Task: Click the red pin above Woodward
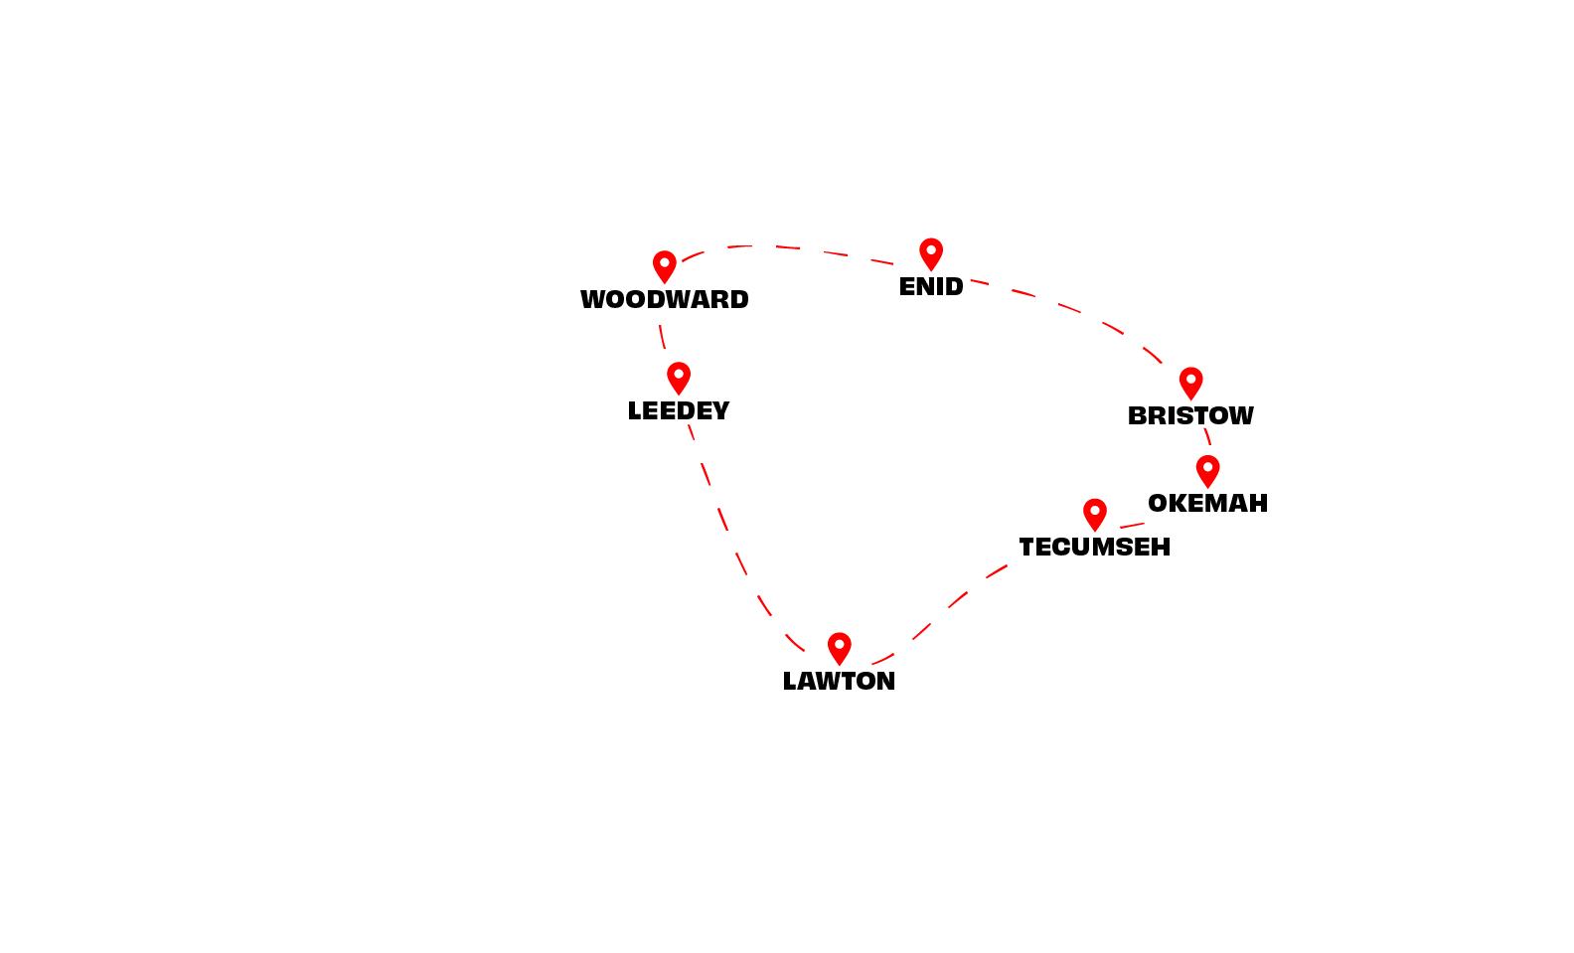coord(665,265)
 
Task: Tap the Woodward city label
coord(665,300)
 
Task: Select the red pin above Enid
coord(931,252)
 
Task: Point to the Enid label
coord(931,287)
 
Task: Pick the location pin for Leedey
coord(679,377)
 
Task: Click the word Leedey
coord(679,411)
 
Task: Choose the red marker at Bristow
coord(1190,382)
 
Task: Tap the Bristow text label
coord(1190,416)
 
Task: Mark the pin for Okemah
coord(1207,469)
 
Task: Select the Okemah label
coord(1207,504)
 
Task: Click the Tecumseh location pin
coord(1095,513)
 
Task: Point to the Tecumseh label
coord(1095,548)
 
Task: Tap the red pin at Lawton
coord(840,647)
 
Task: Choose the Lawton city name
coord(840,682)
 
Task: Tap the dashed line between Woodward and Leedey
coord(662,336)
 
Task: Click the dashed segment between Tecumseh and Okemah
coord(1132,526)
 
